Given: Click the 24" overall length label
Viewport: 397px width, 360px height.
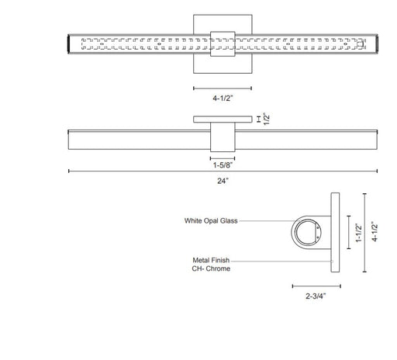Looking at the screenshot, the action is pos(223,181).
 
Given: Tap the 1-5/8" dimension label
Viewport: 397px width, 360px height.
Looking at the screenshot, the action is pos(223,165).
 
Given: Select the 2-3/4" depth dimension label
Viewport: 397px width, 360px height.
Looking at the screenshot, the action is pos(316,296).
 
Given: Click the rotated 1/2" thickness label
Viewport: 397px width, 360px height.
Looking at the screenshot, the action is pos(267,119).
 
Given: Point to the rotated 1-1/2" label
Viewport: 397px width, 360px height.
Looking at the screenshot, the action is pos(359,233).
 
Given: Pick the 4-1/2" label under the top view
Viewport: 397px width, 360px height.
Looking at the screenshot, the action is pos(223,99).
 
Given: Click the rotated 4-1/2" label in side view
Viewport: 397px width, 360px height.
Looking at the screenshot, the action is pos(375,232).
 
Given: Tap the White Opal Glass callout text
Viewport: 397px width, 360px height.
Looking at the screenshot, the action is pos(211,220).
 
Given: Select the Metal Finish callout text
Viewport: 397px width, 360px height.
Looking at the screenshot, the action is pos(211,260).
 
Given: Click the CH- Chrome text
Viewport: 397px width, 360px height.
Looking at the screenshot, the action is pos(211,268).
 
